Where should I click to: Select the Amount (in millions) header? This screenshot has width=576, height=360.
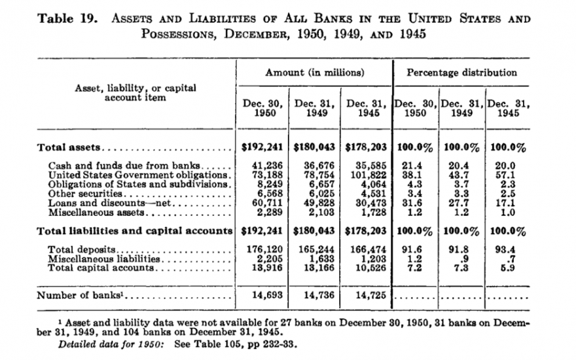click(x=314, y=73)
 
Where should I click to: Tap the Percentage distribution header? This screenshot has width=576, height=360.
click(x=462, y=73)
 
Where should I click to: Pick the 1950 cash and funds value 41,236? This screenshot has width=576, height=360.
click(x=263, y=166)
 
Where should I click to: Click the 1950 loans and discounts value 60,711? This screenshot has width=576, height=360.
click(x=263, y=203)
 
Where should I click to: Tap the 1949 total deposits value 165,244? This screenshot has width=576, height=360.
click(x=313, y=249)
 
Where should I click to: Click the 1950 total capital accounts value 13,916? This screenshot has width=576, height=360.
click(x=263, y=268)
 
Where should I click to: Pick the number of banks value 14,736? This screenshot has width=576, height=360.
click(x=314, y=295)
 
